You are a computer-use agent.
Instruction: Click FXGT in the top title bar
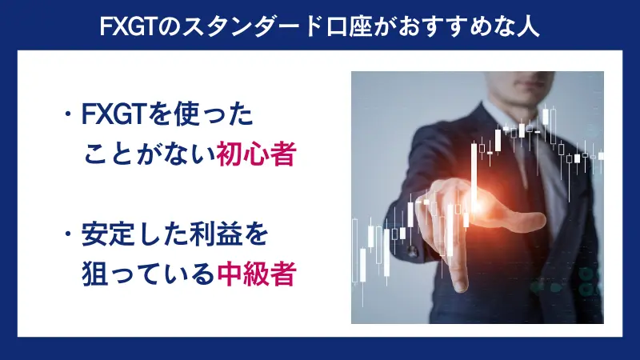[x=130, y=26]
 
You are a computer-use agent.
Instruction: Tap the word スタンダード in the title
[x=244, y=26]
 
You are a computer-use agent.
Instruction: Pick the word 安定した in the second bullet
[x=134, y=238]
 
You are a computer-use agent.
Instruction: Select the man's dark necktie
[x=529, y=164]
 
